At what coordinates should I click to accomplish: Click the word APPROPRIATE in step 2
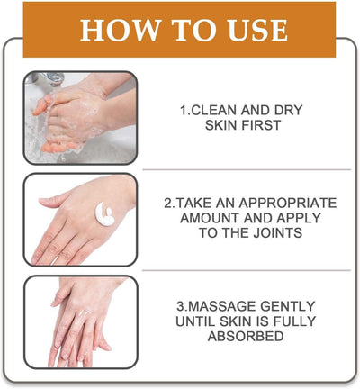[x=289, y=203]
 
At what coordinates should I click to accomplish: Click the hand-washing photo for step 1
[x=79, y=118]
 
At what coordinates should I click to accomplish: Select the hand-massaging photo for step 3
[x=80, y=321]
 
